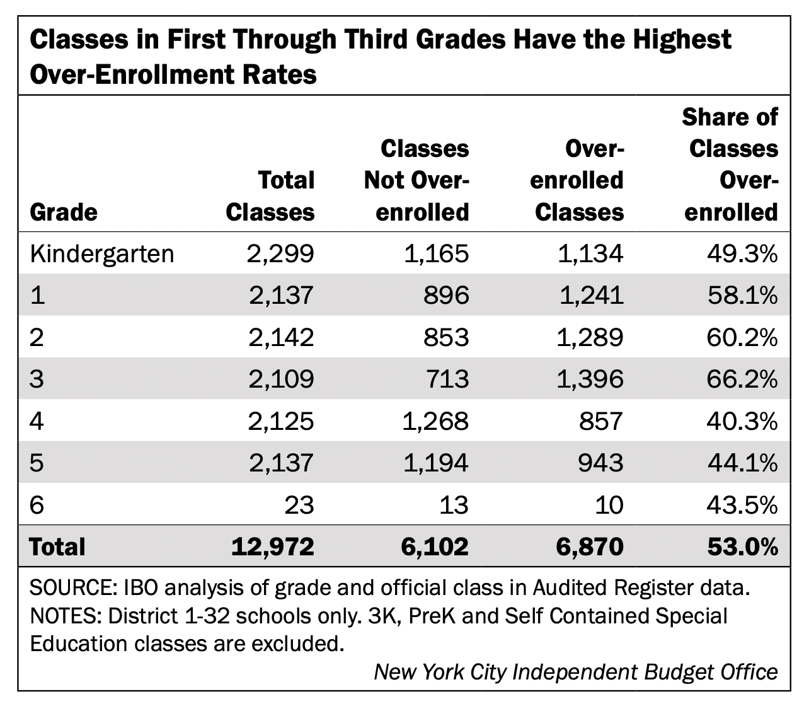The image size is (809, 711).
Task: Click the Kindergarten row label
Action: [x=102, y=254]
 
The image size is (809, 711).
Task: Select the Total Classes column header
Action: [x=270, y=196]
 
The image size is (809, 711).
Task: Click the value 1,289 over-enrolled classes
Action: [x=590, y=338]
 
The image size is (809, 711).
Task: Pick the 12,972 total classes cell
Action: [x=272, y=546]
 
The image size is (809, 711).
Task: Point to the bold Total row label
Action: [x=57, y=546]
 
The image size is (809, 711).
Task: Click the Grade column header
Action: [x=64, y=212]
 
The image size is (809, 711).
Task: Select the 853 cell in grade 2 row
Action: [x=447, y=338]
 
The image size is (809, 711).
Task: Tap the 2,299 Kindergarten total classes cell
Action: [x=281, y=254]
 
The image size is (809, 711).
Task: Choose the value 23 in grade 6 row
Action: [x=299, y=505]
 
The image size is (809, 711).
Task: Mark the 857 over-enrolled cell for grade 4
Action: [x=601, y=421]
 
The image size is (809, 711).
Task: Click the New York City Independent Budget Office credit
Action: [x=576, y=672]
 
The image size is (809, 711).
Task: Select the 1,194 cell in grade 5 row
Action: [x=435, y=463]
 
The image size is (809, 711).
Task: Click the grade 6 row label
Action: [x=37, y=505]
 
